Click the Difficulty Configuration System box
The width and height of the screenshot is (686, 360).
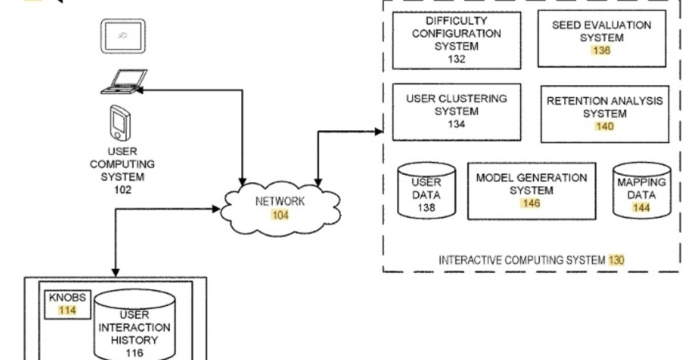pyautogui.click(x=456, y=40)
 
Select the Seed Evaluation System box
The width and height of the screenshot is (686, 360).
pyautogui.click(x=601, y=38)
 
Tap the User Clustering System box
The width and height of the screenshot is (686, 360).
pyautogui.click(x=456, y=111)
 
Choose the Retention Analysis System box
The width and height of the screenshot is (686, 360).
pyautogui.click(x=605, y=114)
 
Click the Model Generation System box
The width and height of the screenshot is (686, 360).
pyautogui.click(x=531, y=191)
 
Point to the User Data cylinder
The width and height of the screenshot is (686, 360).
pyautogui.click(x=426, y=191)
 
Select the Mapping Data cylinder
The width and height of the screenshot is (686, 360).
pyautogui.click(x=641, y=191)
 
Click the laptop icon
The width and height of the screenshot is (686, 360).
pyautogui.click(x=122, y=81)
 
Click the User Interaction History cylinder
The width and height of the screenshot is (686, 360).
pyautogui.click(x=134, y=326)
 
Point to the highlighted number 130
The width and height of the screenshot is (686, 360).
pyautogui.click(x=616, y=260)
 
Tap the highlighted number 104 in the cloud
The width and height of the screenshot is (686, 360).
pyautogui.click(x=280, y=215)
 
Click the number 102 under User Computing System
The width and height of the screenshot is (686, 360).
pyautogui.click(x=122, y=190)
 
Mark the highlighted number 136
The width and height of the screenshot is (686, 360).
pyautogui.click(x=601, y=50)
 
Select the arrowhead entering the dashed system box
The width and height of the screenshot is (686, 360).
pyautogui.click(x=378, y=131)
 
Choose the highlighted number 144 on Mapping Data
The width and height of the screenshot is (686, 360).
pyautogui.click(x=641, y=208)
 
